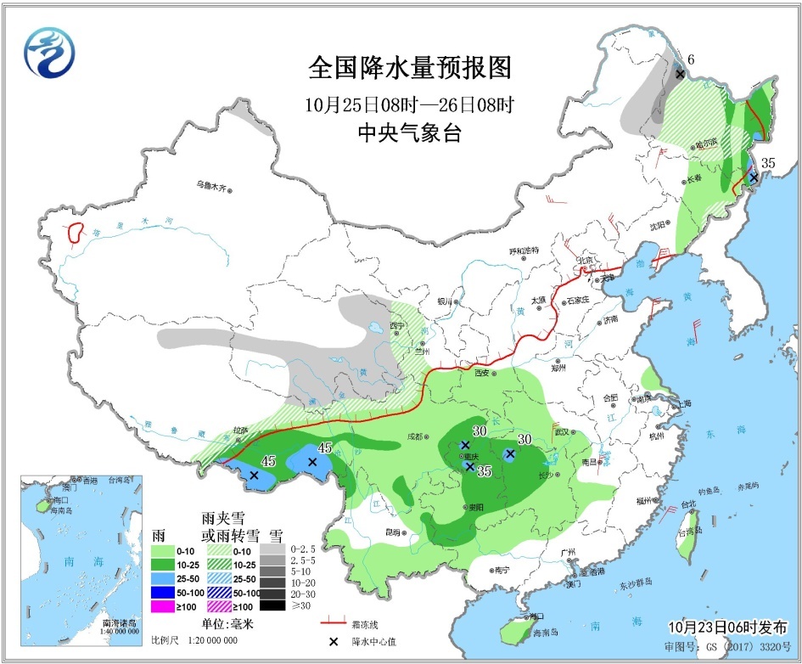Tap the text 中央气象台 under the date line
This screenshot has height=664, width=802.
[x=410, y=133]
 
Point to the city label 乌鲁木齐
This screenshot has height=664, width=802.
[x=212, y=186]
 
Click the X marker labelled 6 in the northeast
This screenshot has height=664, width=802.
[x=680, y=75]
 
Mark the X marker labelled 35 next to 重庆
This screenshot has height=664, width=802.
[x=469, y=466]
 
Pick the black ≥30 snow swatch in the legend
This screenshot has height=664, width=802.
[x=272, y=605]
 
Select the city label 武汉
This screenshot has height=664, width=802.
[x=561, y=433]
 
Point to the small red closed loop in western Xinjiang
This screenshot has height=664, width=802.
[x=76, y=230]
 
